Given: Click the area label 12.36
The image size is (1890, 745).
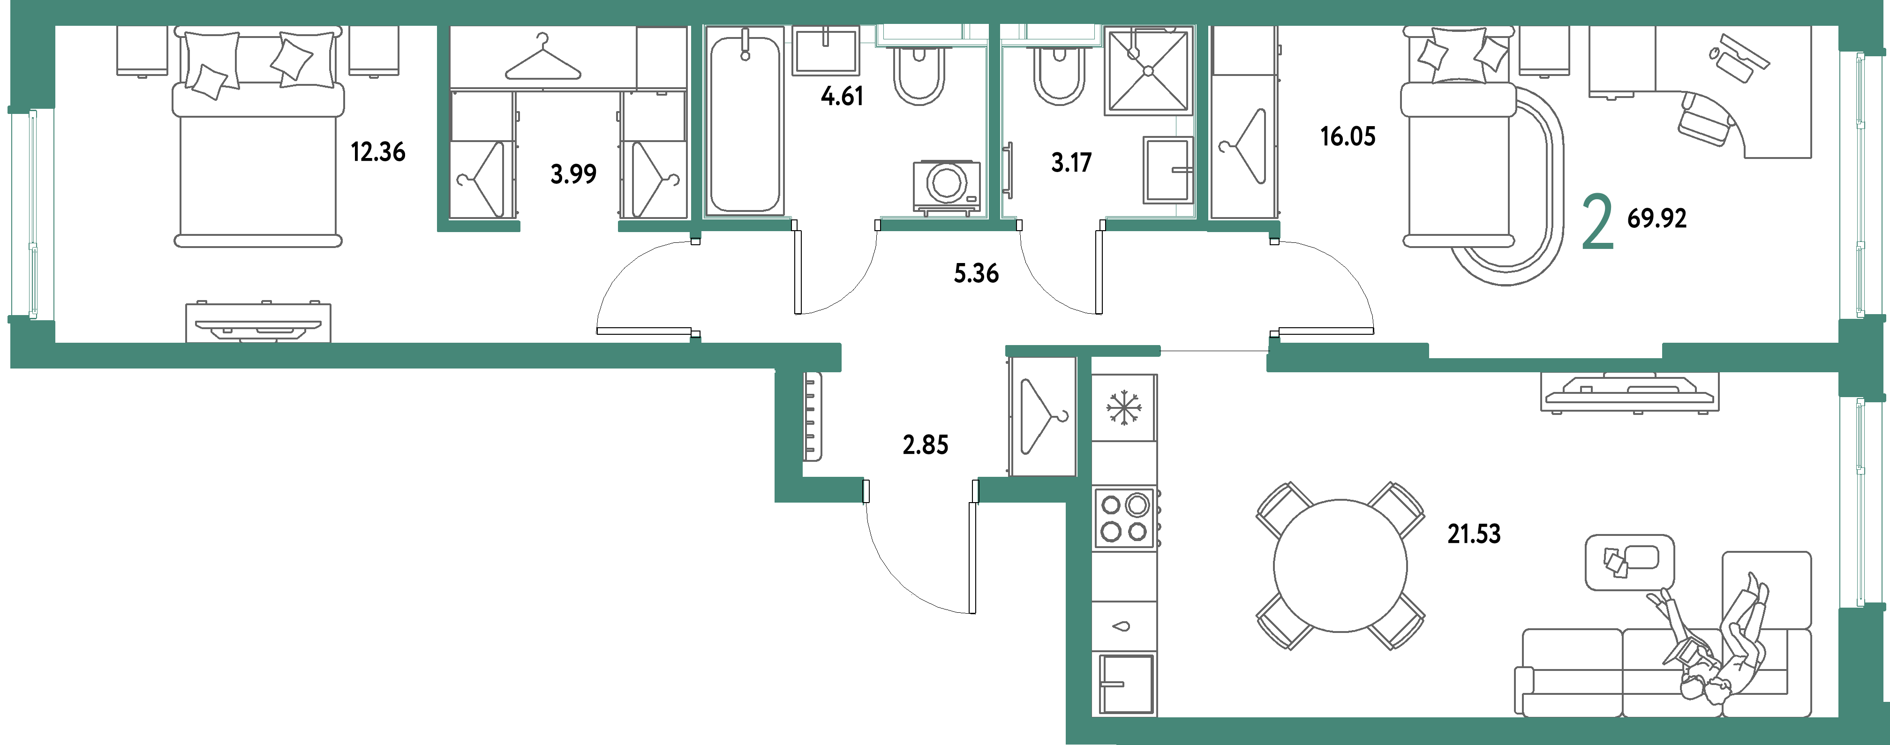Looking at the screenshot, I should click(378, 152).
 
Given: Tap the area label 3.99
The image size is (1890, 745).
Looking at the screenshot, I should click(573, 174).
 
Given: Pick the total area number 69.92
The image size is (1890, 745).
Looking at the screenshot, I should click(1657, 218).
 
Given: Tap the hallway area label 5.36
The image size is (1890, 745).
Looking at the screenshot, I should click(976, 273).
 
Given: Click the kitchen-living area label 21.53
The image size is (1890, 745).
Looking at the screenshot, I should click(1473, 534).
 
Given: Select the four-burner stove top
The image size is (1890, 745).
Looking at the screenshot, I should click(1123, 518).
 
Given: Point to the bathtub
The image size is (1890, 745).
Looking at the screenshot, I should click(744, 121).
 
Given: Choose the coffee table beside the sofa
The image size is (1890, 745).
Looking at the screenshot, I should click(1629, 562).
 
